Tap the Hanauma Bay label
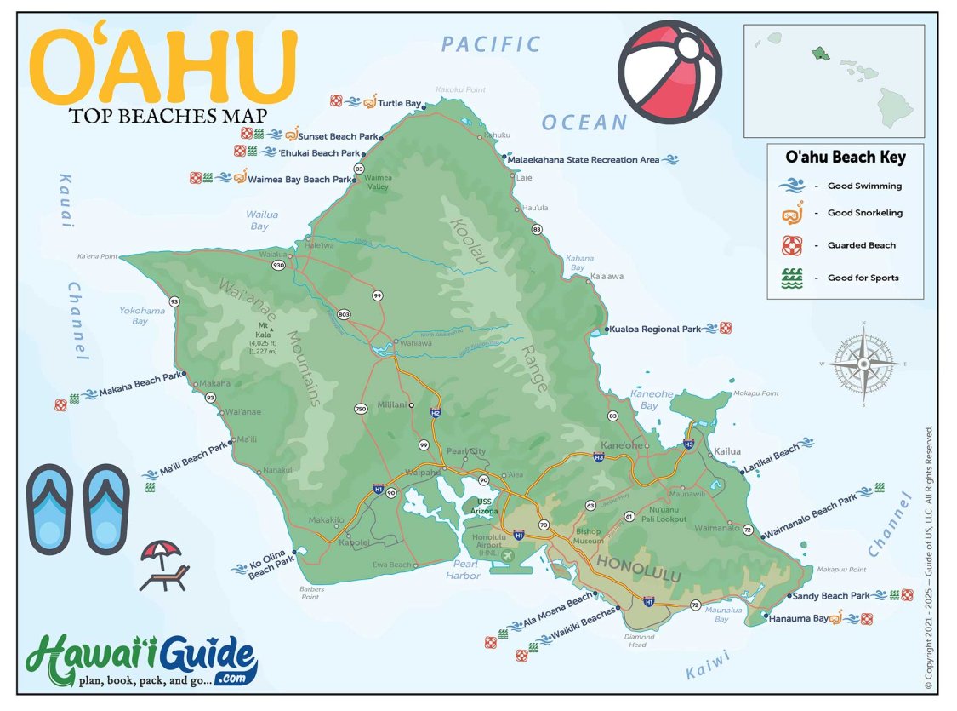point(798,619)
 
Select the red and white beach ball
point(669,72)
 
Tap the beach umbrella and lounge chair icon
point(162,565)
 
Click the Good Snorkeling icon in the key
point(791,213)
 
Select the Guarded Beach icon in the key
point(791,245)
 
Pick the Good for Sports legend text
point(863,278)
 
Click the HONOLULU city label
point(638,570)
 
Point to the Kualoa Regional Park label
point(655,329)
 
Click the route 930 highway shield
point(278,266)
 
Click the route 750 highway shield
point(361,410)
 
